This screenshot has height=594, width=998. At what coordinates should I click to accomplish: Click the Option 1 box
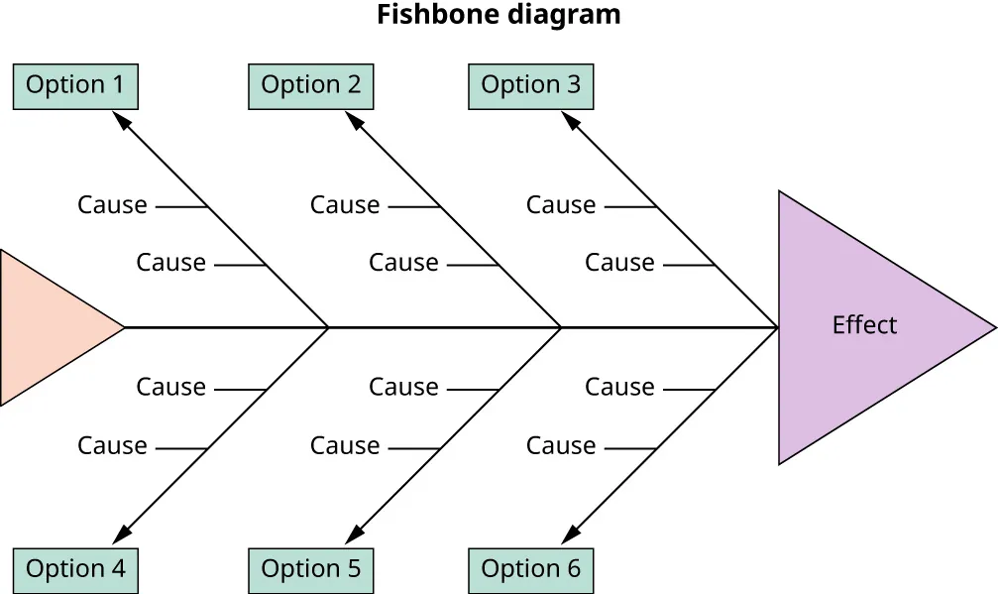(75, 86)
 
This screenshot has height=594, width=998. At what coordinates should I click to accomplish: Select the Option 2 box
(310, 86)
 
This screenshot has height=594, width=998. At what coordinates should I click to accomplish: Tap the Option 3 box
(530, 86)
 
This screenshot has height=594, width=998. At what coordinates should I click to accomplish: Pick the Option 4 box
(75, 570)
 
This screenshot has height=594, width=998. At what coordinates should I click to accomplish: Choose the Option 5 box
(310, 570)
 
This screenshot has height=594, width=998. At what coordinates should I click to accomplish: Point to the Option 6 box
(530, 570)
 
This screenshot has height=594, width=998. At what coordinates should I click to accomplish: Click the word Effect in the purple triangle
(864, 326)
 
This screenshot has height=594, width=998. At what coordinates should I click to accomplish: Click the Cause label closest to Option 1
(112, 205)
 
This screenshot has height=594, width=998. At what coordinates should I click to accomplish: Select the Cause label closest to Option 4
(112, 447)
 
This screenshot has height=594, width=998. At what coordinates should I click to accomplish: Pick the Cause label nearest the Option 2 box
(345, 205)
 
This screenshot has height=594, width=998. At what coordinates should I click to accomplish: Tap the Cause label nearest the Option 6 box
(561, 447)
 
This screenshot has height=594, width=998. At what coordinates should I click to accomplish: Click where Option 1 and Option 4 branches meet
(328, 327)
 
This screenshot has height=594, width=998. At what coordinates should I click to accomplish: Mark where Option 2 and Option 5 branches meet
(561, 327)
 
